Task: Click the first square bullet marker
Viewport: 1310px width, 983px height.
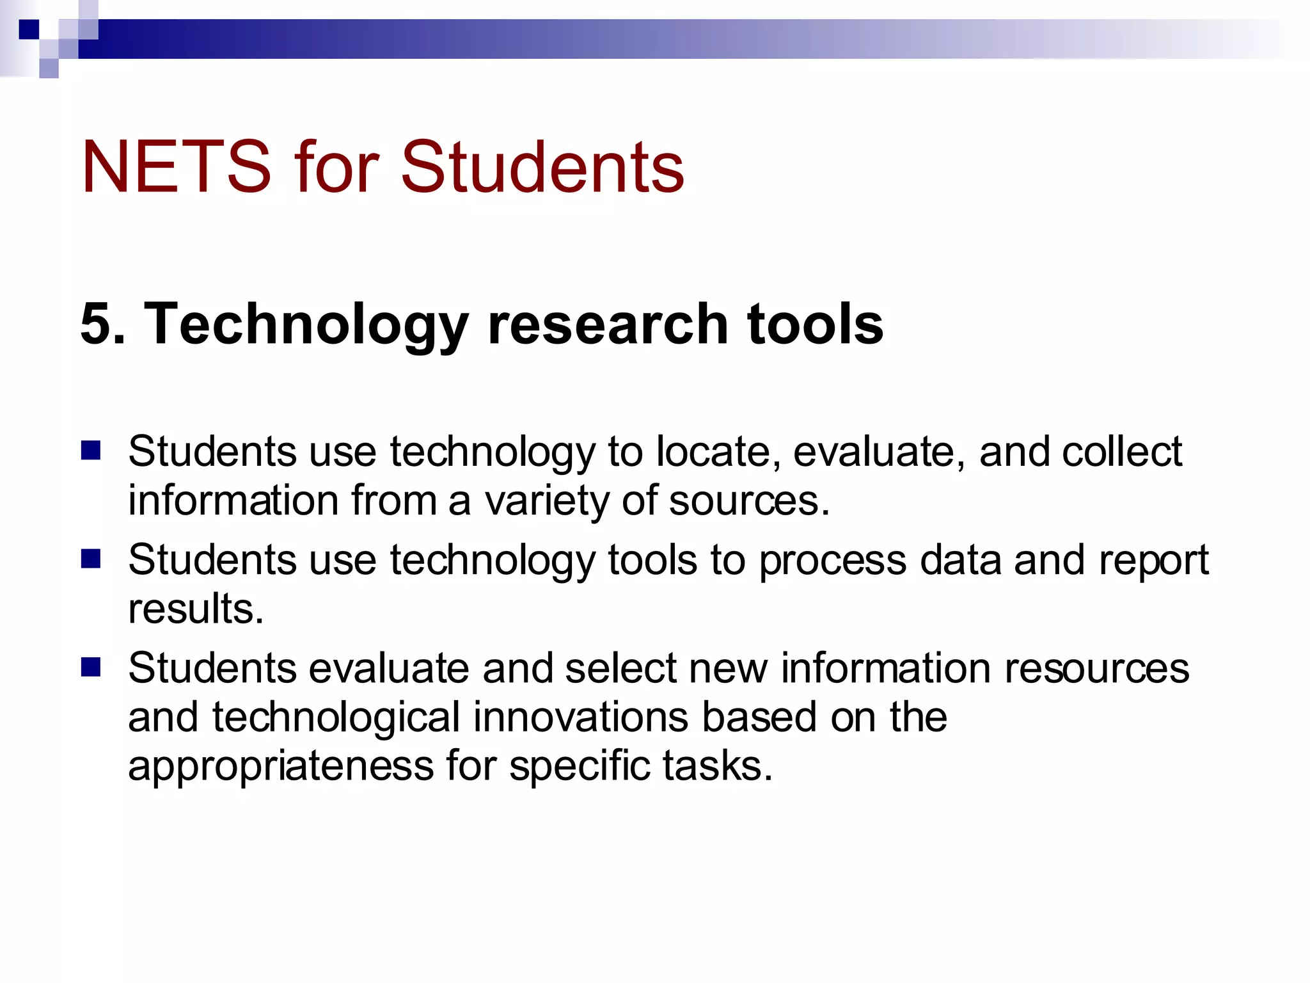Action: click(91, 451)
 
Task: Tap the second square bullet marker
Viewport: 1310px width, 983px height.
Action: click(91, 559)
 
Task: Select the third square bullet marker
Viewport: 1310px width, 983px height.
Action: click(91, 667)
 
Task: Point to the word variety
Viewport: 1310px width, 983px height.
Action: click(547, 500)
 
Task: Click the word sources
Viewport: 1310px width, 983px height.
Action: click(748, 500)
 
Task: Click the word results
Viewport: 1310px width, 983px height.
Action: click(195, 608)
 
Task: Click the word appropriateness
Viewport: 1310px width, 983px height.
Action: click(281, 766)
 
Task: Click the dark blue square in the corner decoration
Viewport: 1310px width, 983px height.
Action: click(29, 29)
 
